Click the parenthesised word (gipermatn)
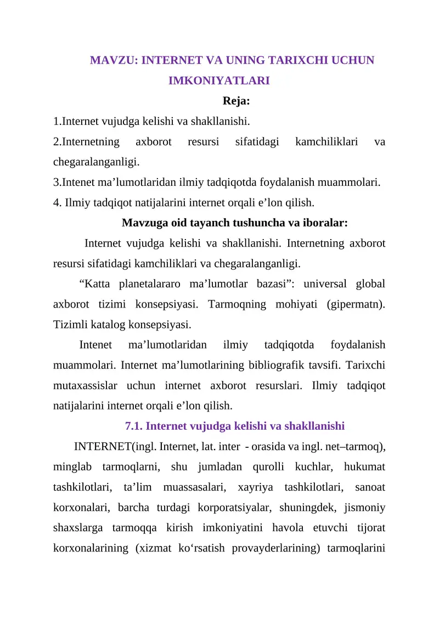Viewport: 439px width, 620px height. point(356,304)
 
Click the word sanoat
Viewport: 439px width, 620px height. point(370,487)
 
